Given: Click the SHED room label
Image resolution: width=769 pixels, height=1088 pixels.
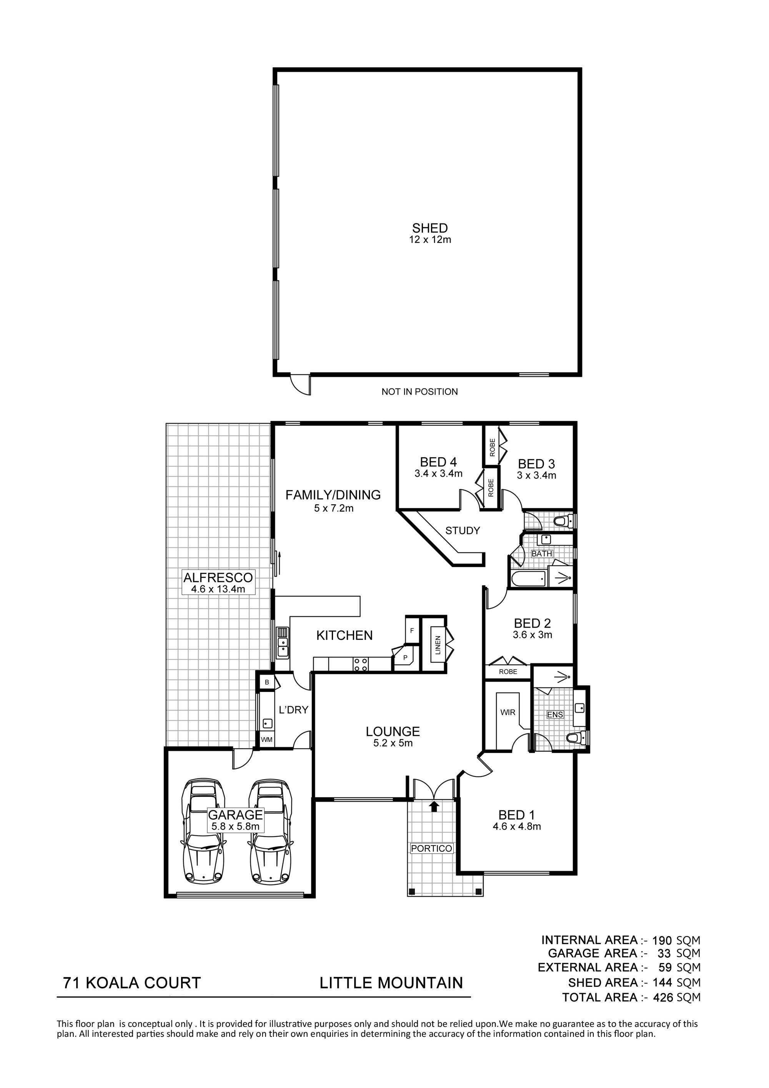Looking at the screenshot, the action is pyautogui.click(x=430, y=228).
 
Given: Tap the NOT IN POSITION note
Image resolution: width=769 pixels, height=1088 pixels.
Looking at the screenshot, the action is pyautogui.click(x=419, y=392).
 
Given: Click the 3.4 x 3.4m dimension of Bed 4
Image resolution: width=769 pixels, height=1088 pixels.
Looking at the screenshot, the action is pyautogui.click(x=438, y=473).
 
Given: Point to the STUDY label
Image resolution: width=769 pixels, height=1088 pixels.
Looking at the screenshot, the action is pyautogui.click(x=463, y=531).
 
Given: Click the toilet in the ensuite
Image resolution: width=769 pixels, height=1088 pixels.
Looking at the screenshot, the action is pyautogui.click(x=578, y=737).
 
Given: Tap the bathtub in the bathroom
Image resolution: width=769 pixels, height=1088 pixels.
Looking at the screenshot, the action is pyautogui.click(x=529, y=580).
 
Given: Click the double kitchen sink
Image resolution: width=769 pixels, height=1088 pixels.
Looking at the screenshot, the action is pyautogui.click(x=283, y=643).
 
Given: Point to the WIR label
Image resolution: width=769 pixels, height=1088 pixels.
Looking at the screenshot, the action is pyautogui.click(x=508, y=712).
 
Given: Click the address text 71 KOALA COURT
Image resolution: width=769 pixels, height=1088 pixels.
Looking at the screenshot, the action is pyautogui.click(x=132, y=983).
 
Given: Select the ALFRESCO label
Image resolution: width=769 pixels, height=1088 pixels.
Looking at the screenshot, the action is pyautogui.click(x=218, y=578).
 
